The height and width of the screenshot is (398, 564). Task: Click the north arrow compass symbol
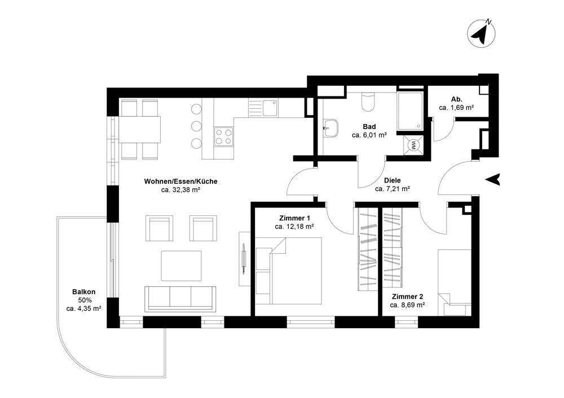tap(481, 33)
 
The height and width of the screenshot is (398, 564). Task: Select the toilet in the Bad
tap(367, 103)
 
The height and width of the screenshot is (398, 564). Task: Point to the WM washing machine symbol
tap(415, 144)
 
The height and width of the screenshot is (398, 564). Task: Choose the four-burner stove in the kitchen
tap(223, 136)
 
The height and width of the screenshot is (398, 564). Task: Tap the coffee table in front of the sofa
tap(182, 265)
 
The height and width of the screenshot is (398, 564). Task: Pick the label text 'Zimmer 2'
tap(407, 296)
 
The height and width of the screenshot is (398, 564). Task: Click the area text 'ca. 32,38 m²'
tap(181, 191)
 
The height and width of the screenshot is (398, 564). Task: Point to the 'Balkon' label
tap(83, 291)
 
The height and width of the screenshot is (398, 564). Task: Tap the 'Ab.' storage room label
tap(456, 99)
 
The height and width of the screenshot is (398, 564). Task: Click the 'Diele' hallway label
tap(392, 180)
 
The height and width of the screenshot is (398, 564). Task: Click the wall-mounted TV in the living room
tap(244, 258)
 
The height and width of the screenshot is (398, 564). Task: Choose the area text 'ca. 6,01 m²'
tap(369, 135)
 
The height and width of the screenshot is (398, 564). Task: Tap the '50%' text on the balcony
tap(84, 300)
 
